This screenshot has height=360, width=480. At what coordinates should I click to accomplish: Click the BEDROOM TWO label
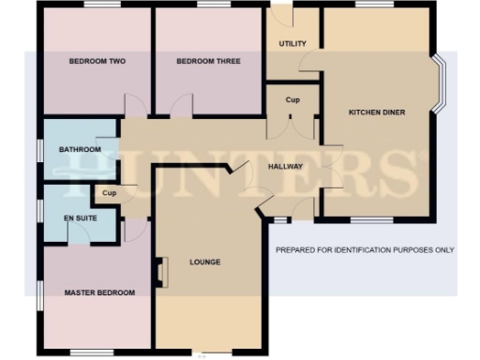[97, 61]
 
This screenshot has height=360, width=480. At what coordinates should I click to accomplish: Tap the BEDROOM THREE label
[209, 61]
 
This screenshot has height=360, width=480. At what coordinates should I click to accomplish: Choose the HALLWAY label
[285, 166]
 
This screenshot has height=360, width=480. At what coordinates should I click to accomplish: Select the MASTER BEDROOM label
[99, 292]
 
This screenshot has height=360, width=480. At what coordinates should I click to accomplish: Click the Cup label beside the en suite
[109, 194]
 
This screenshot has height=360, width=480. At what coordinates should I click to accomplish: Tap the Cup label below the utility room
[292, 99]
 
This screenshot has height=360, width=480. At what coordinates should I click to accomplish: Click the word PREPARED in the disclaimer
[297, 250]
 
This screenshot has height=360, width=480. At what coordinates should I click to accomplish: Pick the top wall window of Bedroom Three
[209, 6]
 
